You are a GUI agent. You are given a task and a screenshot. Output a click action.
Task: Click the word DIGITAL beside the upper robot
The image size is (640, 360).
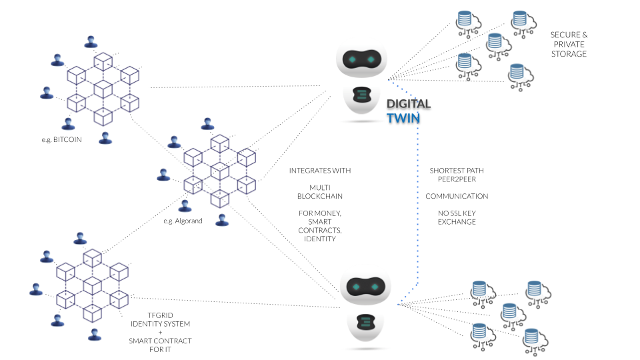(x=409, y=104)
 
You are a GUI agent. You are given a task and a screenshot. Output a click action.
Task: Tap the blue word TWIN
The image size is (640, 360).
(x=404, y=119)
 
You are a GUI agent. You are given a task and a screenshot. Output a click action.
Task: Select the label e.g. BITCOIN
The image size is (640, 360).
(x=61, y=141)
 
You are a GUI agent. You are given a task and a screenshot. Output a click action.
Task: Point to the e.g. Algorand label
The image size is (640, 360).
(x=183, y=220)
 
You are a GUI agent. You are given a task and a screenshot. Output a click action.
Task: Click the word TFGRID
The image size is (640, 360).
(x=160, y=315)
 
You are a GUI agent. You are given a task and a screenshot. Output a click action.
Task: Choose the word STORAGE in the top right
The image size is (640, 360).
(x=569, y=54)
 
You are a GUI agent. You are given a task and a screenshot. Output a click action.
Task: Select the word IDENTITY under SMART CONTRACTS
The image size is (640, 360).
(x=320, y=239)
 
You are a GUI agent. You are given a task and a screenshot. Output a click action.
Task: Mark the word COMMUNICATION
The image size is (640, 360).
(x=457, y=197)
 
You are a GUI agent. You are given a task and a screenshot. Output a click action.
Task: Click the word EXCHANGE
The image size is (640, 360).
(x=457, y=221)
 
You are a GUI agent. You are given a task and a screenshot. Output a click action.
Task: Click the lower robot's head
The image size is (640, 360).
(x=364, y=287)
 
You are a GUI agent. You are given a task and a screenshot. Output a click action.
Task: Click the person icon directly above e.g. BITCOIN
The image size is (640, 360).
(x=67, y=124)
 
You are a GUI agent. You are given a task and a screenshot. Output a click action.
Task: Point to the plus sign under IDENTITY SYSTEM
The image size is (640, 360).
(x=160, y=332)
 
